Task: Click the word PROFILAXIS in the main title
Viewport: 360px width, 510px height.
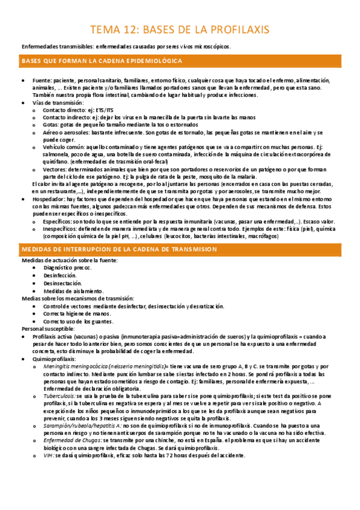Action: pos(239,29)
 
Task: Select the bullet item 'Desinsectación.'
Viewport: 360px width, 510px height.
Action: pos(61,283)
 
